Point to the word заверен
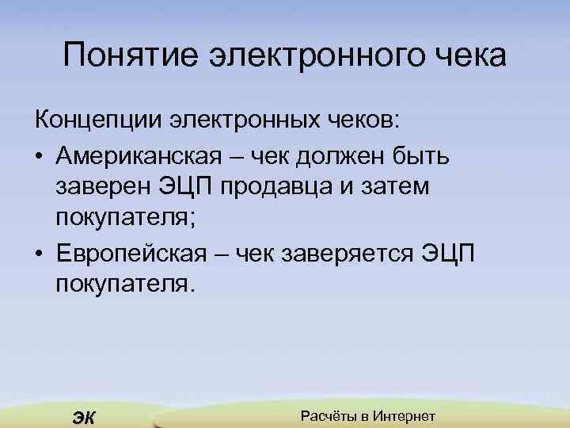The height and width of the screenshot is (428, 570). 103,187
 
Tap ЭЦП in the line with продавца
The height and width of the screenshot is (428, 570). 186,187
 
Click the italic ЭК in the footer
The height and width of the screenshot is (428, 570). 82,418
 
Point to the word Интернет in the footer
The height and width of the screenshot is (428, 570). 406,416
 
